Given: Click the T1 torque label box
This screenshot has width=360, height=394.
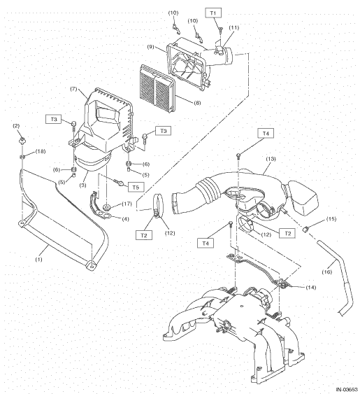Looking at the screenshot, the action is tap(213, 13).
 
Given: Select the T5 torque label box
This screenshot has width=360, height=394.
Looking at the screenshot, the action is tap(136, 187).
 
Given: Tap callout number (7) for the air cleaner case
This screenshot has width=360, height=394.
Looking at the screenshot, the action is tap(73, 89).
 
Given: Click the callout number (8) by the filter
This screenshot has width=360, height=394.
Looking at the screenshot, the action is tap(197, 103).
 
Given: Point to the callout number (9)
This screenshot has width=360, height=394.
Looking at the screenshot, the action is tap(150, 47).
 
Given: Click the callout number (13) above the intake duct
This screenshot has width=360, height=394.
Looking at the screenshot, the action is tap(271, 159).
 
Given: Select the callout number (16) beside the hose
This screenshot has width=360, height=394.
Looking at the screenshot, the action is tap(327, 272).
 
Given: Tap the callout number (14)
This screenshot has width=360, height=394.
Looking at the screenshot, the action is tap(311, 287).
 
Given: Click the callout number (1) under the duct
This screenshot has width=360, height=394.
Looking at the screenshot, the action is tap(39, 260).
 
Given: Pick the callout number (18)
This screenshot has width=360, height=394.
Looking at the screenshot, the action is tap(40, 151).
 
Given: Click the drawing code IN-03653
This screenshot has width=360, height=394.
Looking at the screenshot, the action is tap(347, 390).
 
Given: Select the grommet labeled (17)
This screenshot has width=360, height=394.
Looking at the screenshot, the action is tap(107, 208).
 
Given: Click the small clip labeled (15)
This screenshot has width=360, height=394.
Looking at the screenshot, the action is tap(305, 229).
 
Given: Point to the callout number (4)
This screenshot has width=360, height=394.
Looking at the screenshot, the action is tap(125, 219).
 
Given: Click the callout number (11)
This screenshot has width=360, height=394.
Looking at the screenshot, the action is tap(233, 27).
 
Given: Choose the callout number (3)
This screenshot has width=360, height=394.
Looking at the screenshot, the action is tap(83, 185).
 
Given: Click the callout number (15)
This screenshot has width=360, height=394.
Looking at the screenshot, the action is tap(331, 219).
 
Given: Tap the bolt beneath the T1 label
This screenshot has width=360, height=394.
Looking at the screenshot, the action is tap(220, 31).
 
